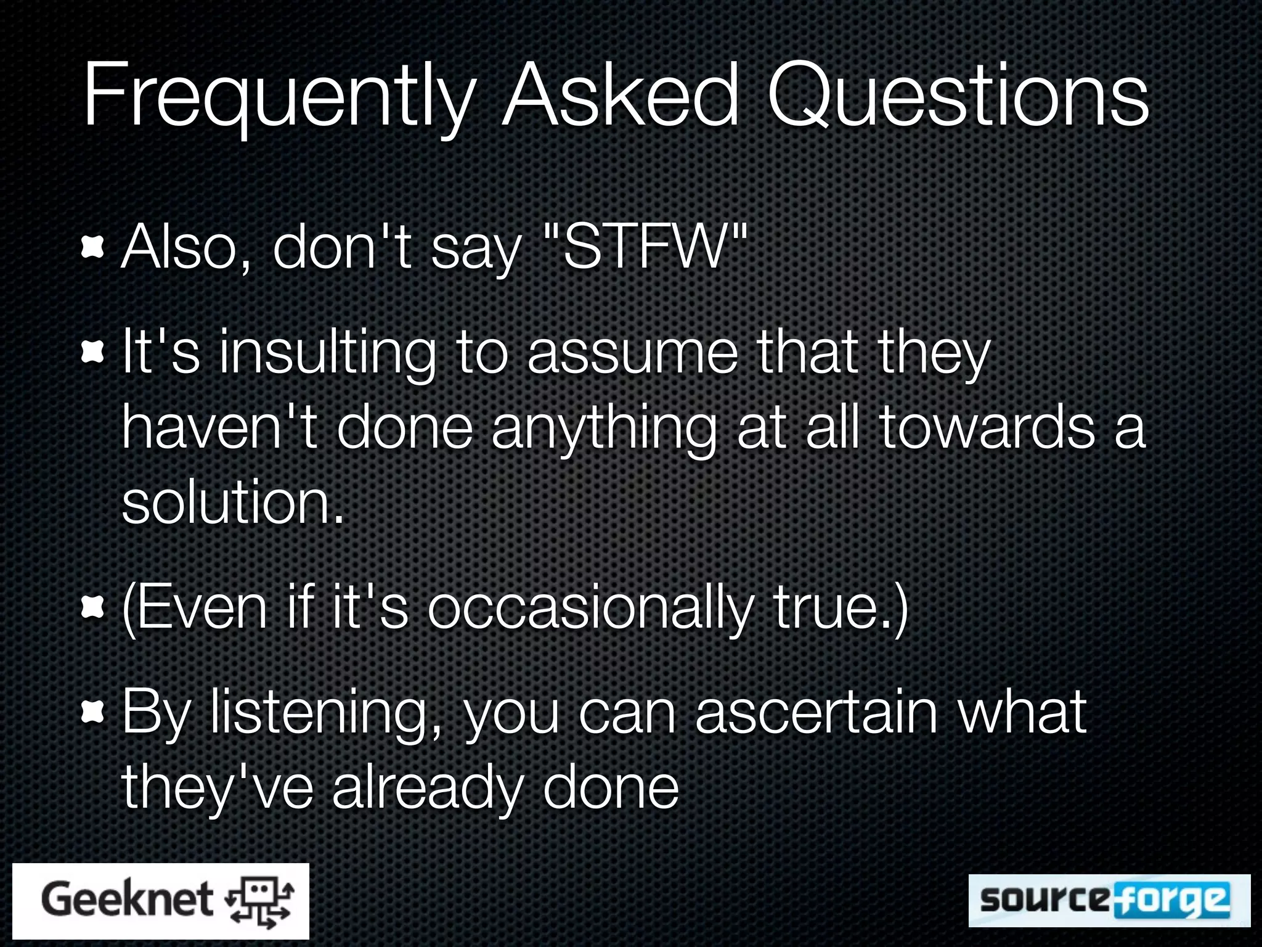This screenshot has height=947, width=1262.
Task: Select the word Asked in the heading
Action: pyautogui.click(x=619, y=96)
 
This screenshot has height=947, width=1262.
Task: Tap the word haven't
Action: pyautogui.click(x=219, y=428)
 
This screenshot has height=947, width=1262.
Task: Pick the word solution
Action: pyautogui.click(x=232, y=502)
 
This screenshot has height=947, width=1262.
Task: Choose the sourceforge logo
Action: pyautogui.click(x=1109, y=900)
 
